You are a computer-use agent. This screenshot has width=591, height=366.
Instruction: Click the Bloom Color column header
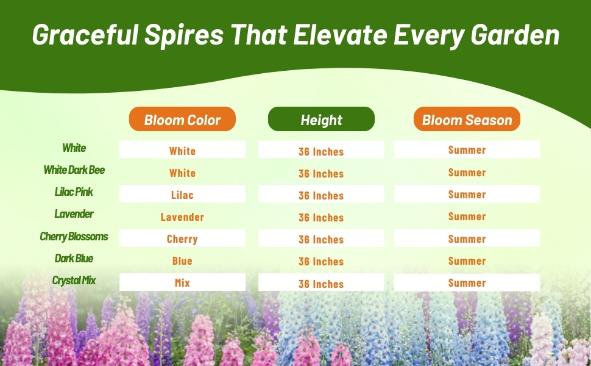[x=182, y=119]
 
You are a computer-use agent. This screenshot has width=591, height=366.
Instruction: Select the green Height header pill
[x=321, y=119]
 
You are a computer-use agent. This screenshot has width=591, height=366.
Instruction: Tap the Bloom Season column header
[x=467, y=119]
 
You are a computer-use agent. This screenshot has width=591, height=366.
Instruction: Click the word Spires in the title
[x=185, y=35]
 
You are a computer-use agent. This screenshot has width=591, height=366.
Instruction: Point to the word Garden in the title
[x=515, y=35]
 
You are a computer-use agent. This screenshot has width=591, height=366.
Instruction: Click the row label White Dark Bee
[x=74, y=170]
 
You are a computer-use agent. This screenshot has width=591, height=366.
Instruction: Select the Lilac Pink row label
[x=74, y=192]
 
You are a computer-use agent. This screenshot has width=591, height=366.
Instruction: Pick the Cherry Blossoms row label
[x=74, y=237]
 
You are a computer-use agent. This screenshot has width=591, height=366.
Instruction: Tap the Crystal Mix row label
[x=74, y=281]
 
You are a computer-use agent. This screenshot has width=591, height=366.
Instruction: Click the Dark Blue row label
[x=74, y=259]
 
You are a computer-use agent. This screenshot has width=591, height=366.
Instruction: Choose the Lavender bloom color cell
[x=182, y=217]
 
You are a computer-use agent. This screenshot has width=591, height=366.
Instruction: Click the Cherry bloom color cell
[x=182, y=238]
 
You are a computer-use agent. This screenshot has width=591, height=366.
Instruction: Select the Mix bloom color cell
[x=182, y=282]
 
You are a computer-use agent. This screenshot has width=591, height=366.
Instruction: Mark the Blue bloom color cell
[x=182, y=260]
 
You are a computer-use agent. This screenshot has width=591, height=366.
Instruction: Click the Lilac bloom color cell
[x=182, y=194]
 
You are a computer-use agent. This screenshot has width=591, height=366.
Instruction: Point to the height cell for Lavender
[x=321, y=217]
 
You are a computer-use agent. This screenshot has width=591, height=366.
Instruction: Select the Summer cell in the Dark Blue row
[x=467, y=260]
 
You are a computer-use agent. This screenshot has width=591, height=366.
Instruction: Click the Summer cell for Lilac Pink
[x=467, y=194]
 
